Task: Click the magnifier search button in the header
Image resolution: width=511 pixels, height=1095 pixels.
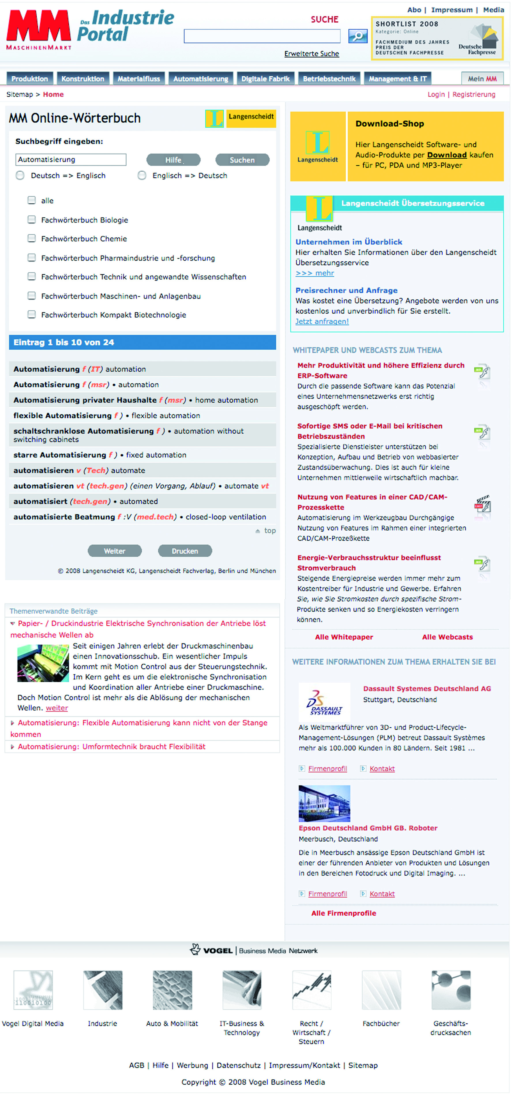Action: (x=358, y=36)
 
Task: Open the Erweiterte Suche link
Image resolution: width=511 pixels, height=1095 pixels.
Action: (x=312, y=54)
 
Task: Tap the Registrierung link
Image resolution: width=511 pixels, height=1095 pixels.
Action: (x=474, y=94)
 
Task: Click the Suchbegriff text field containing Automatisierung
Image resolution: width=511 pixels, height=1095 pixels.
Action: (x=71, y=160)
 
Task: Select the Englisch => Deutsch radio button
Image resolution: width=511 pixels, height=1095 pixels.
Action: (x=142, y=176)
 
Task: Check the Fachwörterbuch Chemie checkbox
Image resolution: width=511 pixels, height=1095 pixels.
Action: (x=31, y=239)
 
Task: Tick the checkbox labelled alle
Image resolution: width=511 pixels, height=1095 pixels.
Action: (x=31, y=200)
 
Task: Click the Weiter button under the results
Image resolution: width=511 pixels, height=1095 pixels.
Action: (x=114, y=551)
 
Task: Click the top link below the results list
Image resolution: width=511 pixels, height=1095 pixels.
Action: (x=270, y=530)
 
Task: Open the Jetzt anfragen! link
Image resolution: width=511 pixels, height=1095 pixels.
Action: (x=322, y=321)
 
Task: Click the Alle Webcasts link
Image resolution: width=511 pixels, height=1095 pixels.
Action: (x=447, y=637)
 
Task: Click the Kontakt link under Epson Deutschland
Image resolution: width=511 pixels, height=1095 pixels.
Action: (x=382, y=894)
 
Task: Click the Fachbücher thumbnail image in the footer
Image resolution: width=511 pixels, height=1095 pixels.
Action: (x=381, y=990)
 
